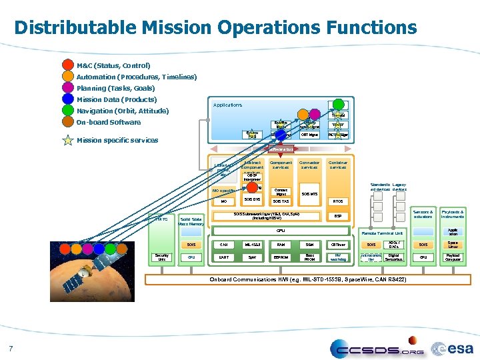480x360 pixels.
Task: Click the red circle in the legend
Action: coord(67,65)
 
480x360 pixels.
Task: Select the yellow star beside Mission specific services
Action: coord(67,140)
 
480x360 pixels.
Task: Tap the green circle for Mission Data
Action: coord(67,99)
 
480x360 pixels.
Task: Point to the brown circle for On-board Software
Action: coord(67,122)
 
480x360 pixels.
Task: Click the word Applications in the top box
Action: coord(227,105)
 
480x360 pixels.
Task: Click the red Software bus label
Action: coord(280,149)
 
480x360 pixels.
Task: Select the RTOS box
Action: coord(338,201)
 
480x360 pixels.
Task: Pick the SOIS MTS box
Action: coord(309,193)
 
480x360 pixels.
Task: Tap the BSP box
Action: coord(338,216)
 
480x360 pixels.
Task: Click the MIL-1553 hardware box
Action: coord(252,245)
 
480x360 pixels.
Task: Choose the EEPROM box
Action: coord(281,257)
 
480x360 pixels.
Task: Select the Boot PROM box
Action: coord(309,257)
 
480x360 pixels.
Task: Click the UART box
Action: coord(223,257)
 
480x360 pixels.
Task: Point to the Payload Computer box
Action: coord(453,257)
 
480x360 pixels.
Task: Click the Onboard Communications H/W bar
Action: coord(307,278)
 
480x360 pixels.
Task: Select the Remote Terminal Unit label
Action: coord(381,233)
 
